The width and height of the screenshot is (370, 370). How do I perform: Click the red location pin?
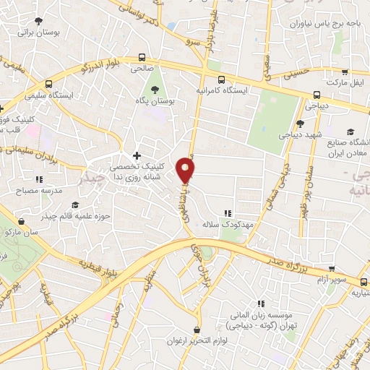click(186, 169)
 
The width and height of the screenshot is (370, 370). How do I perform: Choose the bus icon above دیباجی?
click(317, 95)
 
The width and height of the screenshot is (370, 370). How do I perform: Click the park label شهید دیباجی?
click(301, 135)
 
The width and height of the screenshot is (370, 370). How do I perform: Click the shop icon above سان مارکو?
click(22, 221)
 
